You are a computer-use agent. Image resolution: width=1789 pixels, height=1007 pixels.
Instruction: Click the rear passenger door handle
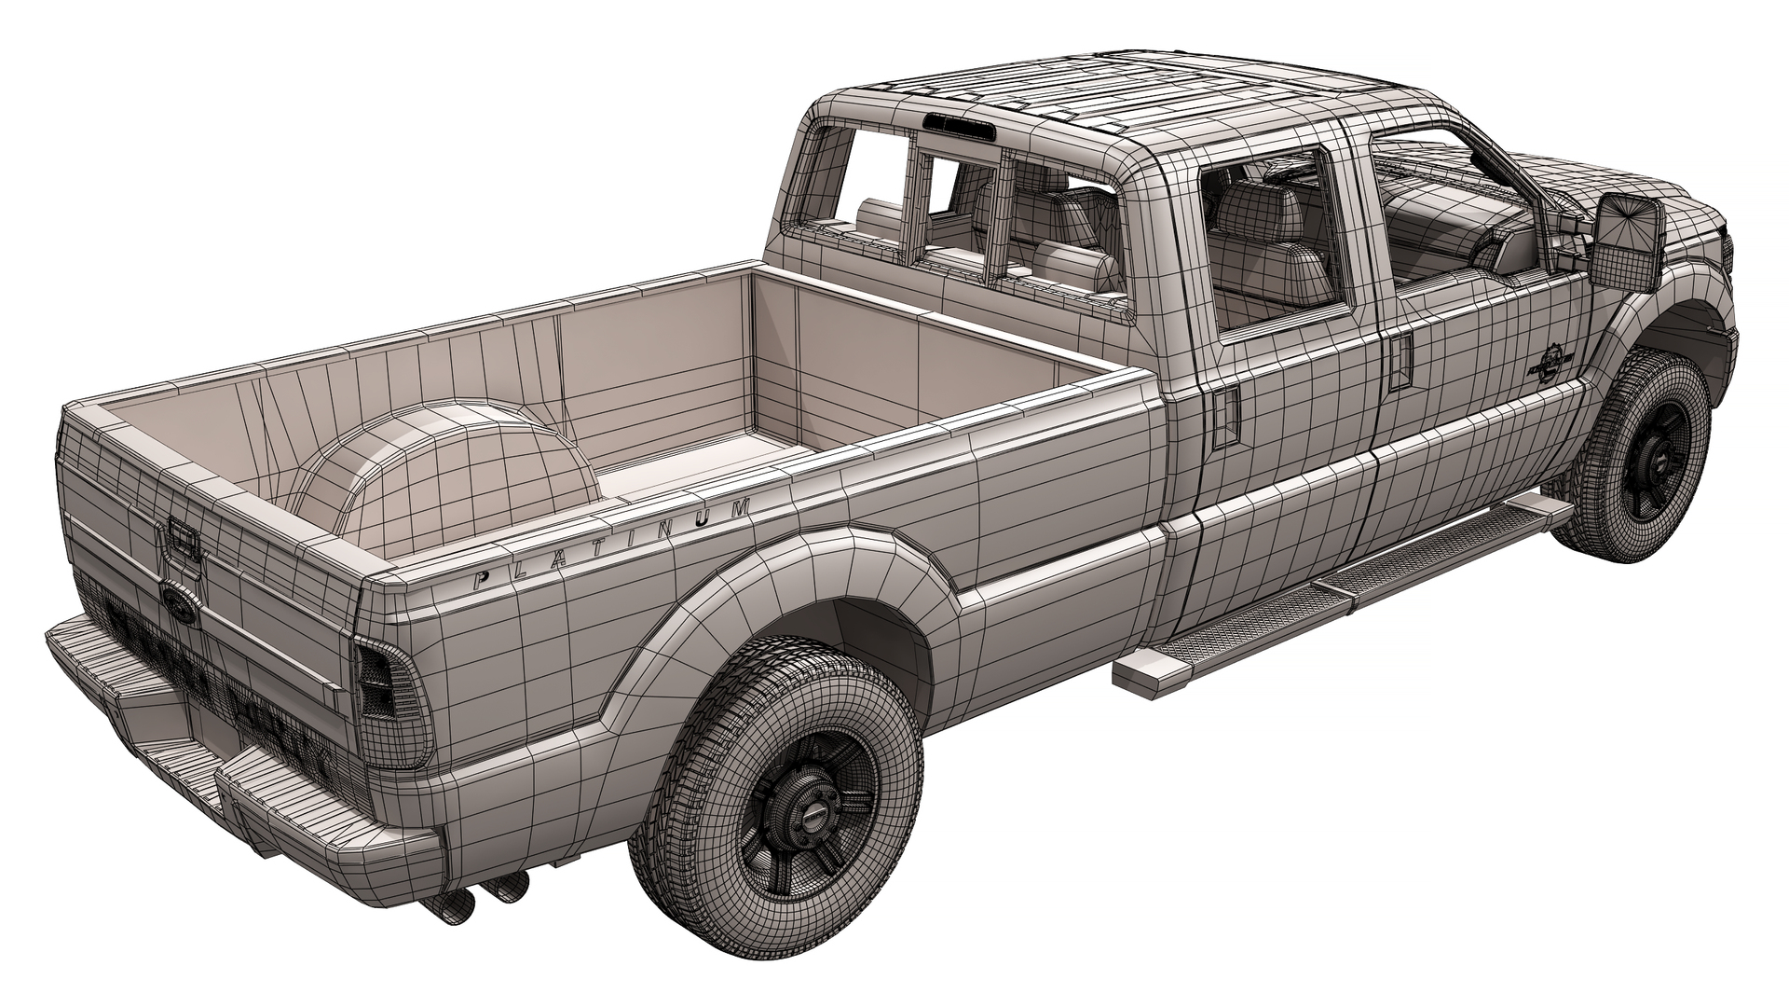(1222, 415)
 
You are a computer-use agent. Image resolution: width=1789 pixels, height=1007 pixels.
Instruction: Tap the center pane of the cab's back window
(960, 214)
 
